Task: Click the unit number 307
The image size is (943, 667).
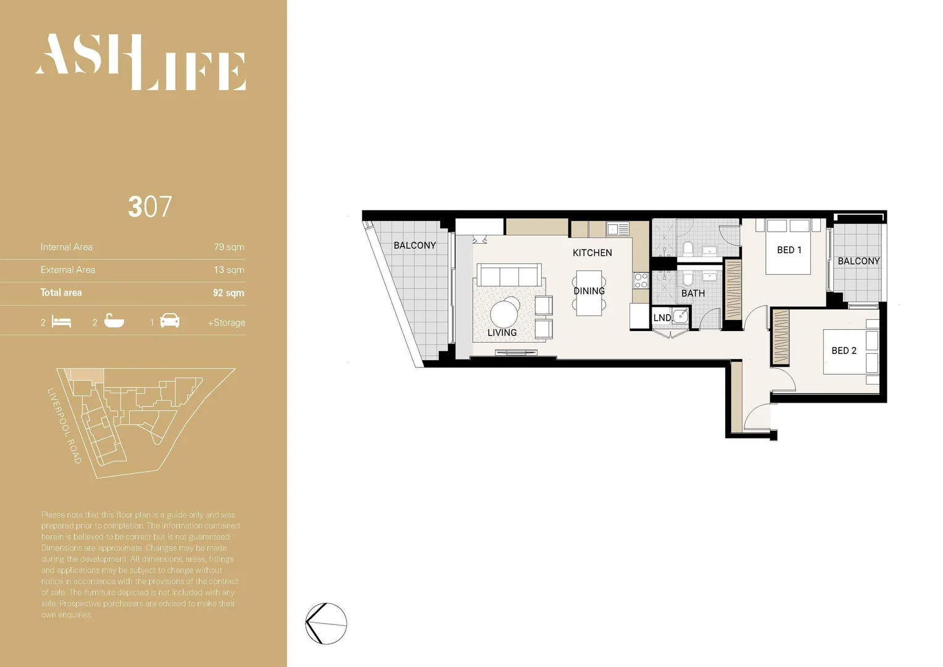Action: pyautogui.click(x=150, y=207)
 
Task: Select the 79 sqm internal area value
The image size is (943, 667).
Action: pyautogui.click(x=229, y=247)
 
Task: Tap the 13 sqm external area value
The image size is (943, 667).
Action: pyautogui.click(x=229, y=270)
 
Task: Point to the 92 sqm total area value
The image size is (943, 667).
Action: pyautogui.click(x=228, y=293)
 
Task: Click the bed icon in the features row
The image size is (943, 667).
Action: pyautogui.click(x=62, y=322)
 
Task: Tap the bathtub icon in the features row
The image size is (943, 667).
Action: pyautogui.click(x=114, y=321)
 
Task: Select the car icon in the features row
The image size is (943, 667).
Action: pyautogui.click(x=170, y=321)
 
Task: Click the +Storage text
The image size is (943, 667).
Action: pyautogui.click(x=226, y=322)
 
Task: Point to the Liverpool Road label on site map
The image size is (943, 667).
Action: pyautogui.click(x=64, y=426)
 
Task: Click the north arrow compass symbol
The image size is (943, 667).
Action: pyautogui.click(x=326, y=624)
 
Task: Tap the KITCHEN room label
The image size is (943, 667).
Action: pyautogui.click(x=592, y=253)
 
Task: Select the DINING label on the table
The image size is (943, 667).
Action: pyautogui.click(x=589, y=291)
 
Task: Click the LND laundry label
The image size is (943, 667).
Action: pyautogui.click(x=662, y=317)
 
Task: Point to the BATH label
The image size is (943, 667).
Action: pyautogui.click(x=692, y=293)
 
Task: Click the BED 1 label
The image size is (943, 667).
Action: pyautogui.click(x=789, y=250)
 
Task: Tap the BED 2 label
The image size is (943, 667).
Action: pyautogui.click(x=844, y=351)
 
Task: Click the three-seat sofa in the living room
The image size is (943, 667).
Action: pyautogui.click(x=509, y=275)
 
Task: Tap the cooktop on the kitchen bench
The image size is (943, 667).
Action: pyautogui.click(x=641, y=281)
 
